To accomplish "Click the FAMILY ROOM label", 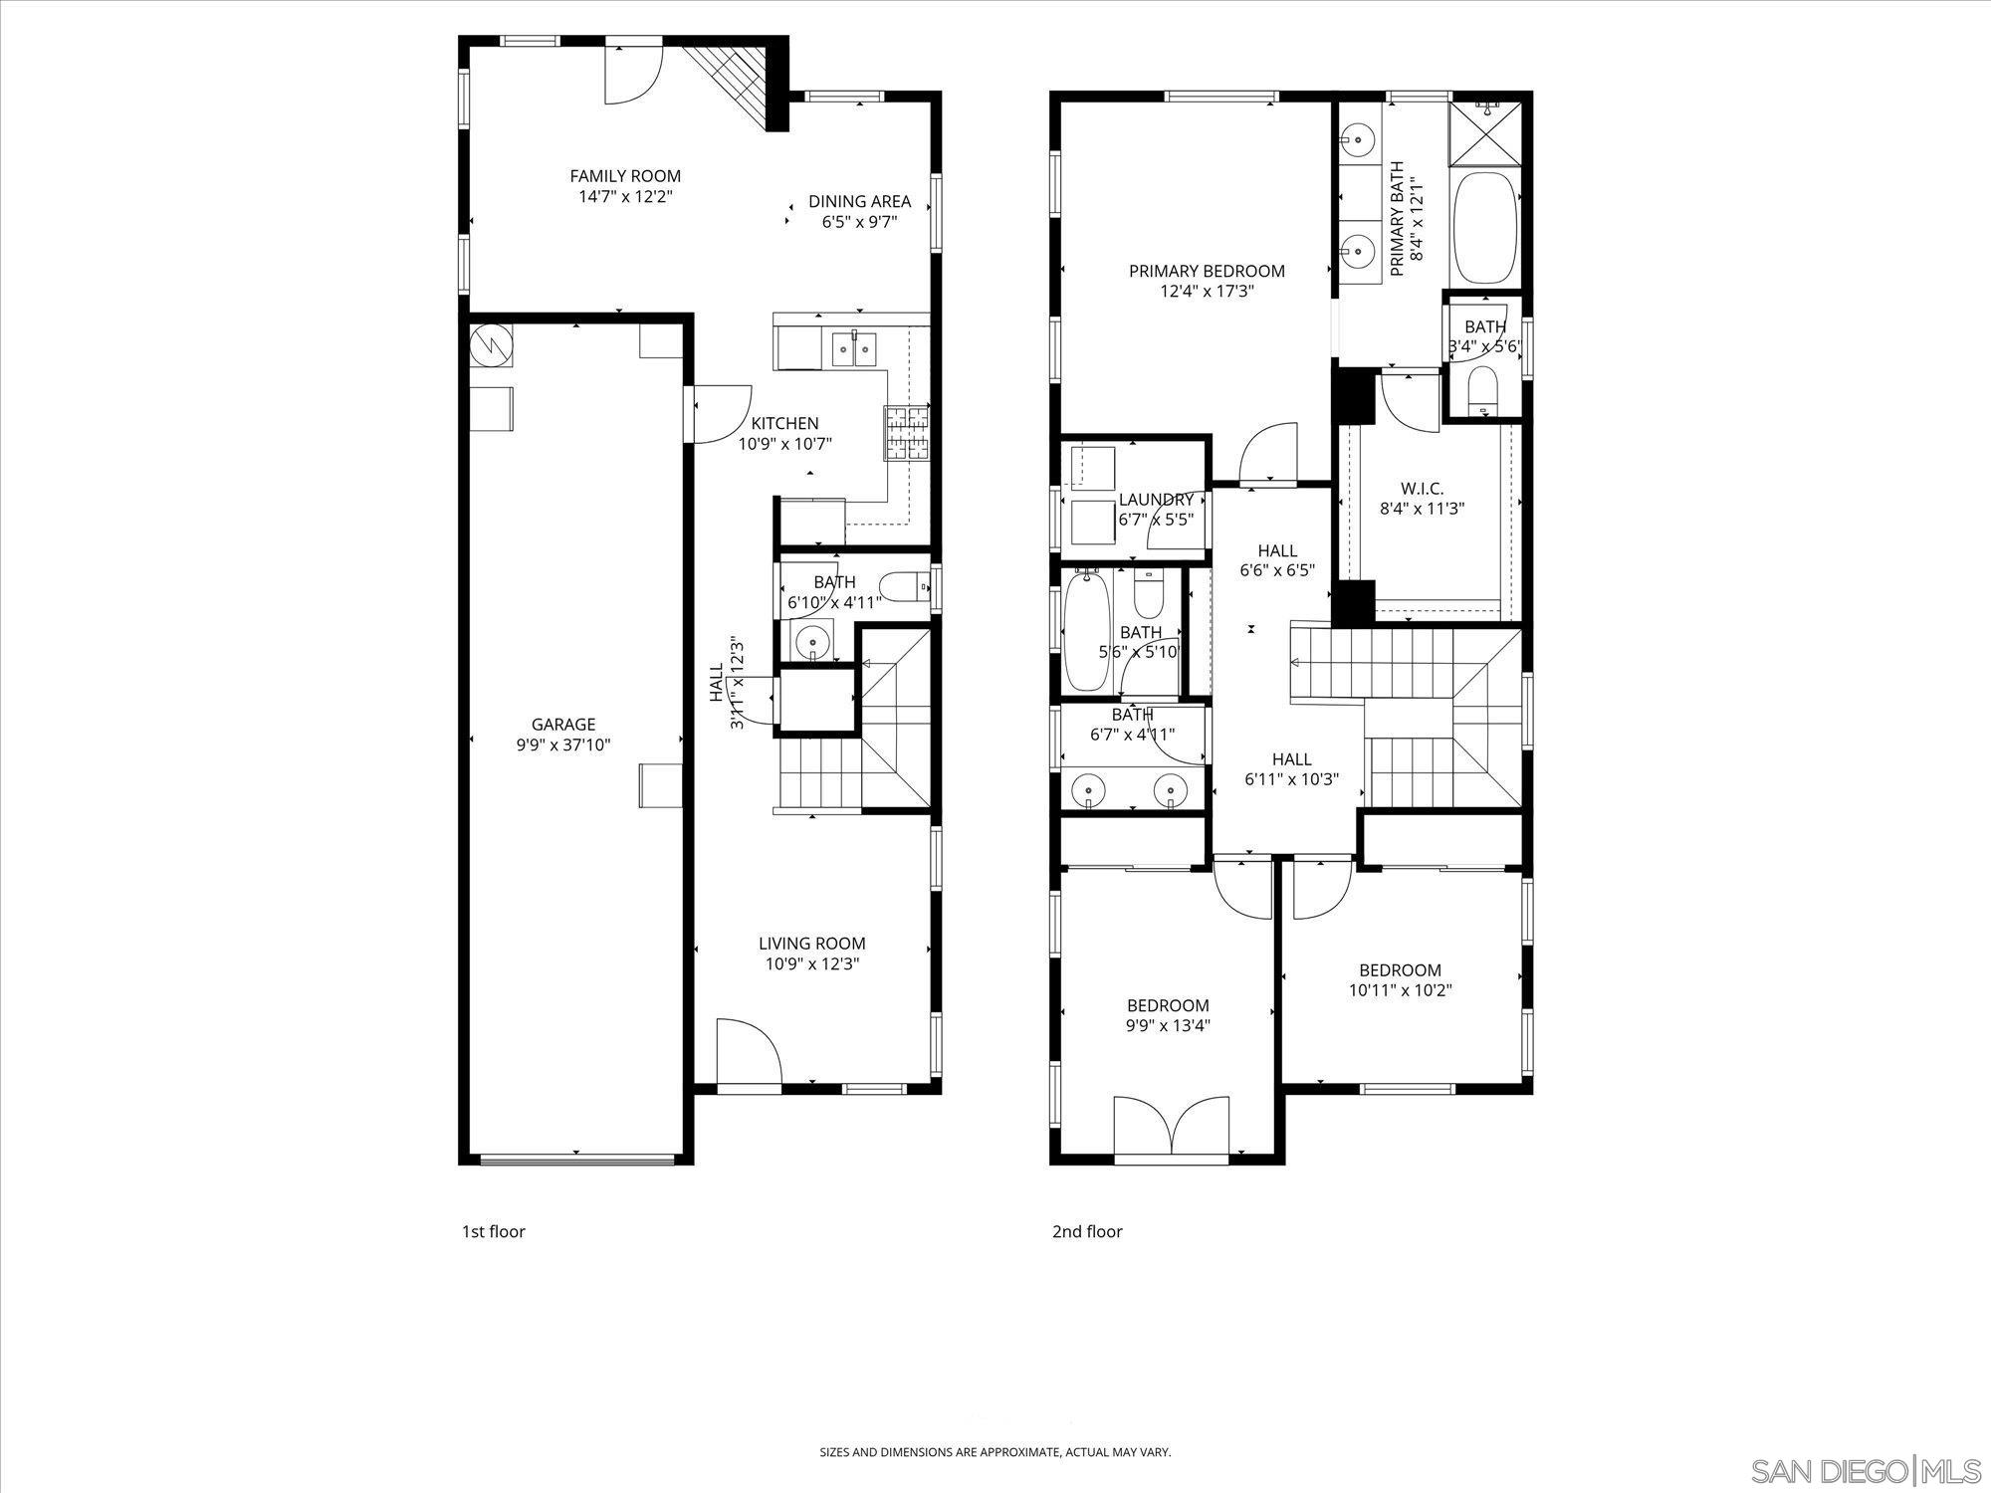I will point(625,176).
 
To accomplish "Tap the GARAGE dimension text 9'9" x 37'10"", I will point(562,745).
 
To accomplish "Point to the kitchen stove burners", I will point(906,433).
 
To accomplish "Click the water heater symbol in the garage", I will point(491,345).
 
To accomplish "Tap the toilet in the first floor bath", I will point(904,587).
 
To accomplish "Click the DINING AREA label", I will point(859,201).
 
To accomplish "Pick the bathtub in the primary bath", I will point(1486,229).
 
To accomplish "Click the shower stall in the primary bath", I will point(1486,132).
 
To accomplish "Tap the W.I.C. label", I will point(1422,488).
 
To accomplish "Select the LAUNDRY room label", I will point(1156,500).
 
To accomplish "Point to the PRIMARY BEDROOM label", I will point(1207,271).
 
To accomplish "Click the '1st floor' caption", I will point(493,1231).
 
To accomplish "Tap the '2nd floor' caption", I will point(1087,1231).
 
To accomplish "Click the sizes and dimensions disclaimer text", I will point(995,1452).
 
